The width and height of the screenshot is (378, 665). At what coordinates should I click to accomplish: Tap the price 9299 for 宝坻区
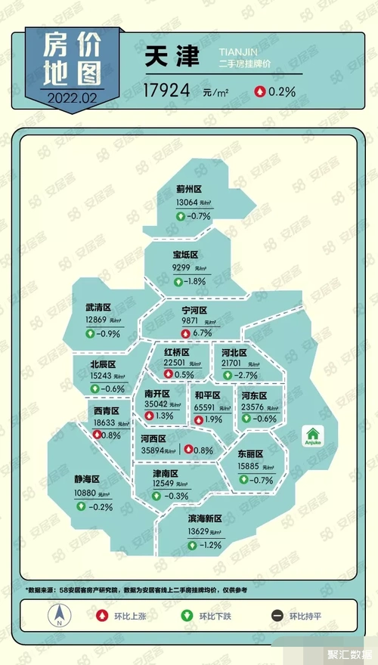click(181, 268)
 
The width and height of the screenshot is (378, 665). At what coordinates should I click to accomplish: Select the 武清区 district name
click(98, 308)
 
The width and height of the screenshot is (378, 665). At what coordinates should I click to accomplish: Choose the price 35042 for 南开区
click(157, 404)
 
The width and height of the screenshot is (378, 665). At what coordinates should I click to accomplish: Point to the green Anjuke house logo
click(312, 436)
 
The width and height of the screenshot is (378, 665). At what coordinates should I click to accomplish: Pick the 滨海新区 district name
click(204, 518)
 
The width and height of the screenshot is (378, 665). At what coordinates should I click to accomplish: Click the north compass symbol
click(57, 618)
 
